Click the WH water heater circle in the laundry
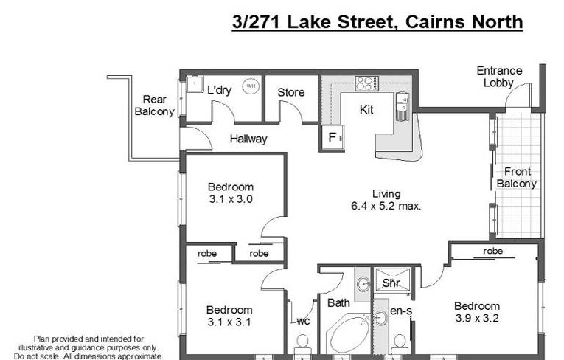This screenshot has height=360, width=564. coord(251,86)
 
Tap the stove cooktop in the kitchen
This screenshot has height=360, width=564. coord(367,83)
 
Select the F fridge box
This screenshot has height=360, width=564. coord(333,137)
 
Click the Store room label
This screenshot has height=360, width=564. coord(291,92)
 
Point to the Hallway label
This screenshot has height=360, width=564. coord(248,139)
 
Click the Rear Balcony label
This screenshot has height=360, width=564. coord(154,105)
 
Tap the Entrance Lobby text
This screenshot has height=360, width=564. coord(499,77)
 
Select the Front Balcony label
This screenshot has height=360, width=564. coord(517,178)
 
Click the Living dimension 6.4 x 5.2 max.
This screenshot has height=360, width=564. coord(386,206)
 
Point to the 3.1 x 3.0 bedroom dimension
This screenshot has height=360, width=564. coord(231,199)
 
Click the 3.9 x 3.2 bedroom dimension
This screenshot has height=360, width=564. coord(477,318)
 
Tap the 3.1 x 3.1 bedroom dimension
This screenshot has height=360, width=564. coord(229,322)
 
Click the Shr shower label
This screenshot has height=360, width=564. coord(391,283)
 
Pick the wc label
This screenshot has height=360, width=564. coord(303,321)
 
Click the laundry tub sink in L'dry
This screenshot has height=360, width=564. coord(195,83)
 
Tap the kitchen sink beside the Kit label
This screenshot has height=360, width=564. coord(403,106)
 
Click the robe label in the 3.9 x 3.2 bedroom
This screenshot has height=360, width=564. coord(492,251)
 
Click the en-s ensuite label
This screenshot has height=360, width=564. coord(401,311)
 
